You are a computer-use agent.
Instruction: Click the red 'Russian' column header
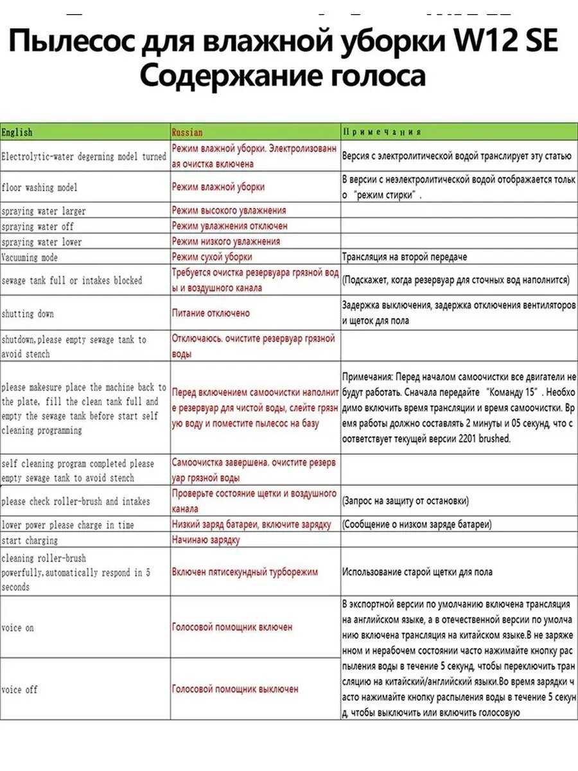coord(187,132)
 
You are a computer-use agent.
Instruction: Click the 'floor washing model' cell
coord(39,188)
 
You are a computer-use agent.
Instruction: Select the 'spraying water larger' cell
coord(43,211)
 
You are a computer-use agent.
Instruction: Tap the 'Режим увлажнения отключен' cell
coord(229,226)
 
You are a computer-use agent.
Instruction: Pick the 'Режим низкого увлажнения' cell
coord(225,242)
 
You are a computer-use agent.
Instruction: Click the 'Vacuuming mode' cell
coord(30,258)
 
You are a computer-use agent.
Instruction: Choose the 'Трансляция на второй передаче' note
coord(405,257)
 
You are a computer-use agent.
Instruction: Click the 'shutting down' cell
coord(28,314)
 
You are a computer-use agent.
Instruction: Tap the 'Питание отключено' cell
coord(211,314)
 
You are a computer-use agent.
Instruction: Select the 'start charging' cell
coord(30,540)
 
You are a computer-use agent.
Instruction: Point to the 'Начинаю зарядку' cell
coord(206,540)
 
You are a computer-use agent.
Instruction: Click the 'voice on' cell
coord(17,628)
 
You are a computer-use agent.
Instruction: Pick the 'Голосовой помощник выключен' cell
coord(235,689)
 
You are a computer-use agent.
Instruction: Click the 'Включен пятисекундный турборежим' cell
coord(245,572)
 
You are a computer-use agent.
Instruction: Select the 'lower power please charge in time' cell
coord(67,525)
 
